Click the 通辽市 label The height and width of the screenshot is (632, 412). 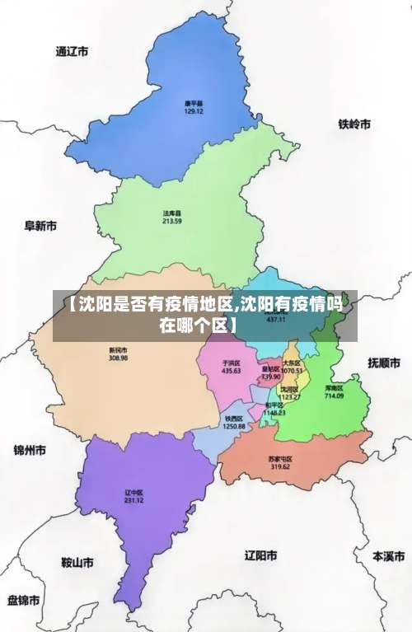72,51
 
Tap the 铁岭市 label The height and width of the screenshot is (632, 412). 354,124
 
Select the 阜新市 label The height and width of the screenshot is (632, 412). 40,225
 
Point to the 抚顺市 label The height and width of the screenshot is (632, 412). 384,362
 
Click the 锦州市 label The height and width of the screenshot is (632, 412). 30,451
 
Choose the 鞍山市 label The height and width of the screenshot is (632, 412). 77,563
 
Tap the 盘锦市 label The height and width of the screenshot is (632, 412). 24,599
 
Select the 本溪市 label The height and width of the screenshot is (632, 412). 389,556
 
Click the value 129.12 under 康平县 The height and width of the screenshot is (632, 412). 194,111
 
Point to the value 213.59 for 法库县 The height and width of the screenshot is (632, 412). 172,222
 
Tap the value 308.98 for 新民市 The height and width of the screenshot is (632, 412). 118,358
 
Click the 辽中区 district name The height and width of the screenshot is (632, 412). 134,493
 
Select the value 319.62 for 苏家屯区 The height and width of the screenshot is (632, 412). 280,466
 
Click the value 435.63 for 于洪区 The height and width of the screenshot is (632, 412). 232,371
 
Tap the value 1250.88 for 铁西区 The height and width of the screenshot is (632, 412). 234,426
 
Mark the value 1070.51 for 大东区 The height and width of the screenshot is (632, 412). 292,371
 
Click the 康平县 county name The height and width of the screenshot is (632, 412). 194,103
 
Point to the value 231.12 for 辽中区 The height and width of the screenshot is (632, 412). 134,501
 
